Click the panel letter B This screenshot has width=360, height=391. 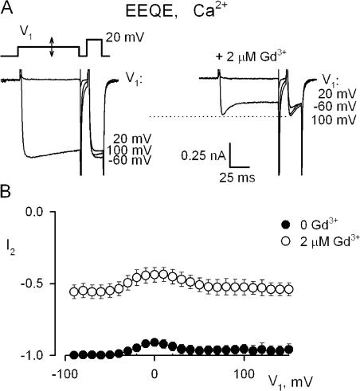pyautogui.click(x=6, y=191)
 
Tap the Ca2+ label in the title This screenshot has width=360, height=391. pyautogui.click(x=210, y=10)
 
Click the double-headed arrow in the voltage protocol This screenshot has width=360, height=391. pyautogui.click(x=52, y=47)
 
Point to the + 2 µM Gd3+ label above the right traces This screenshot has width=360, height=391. pyautogui.click(x=251, y=56)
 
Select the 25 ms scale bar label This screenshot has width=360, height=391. pyautogui.click(x=237, y=178)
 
